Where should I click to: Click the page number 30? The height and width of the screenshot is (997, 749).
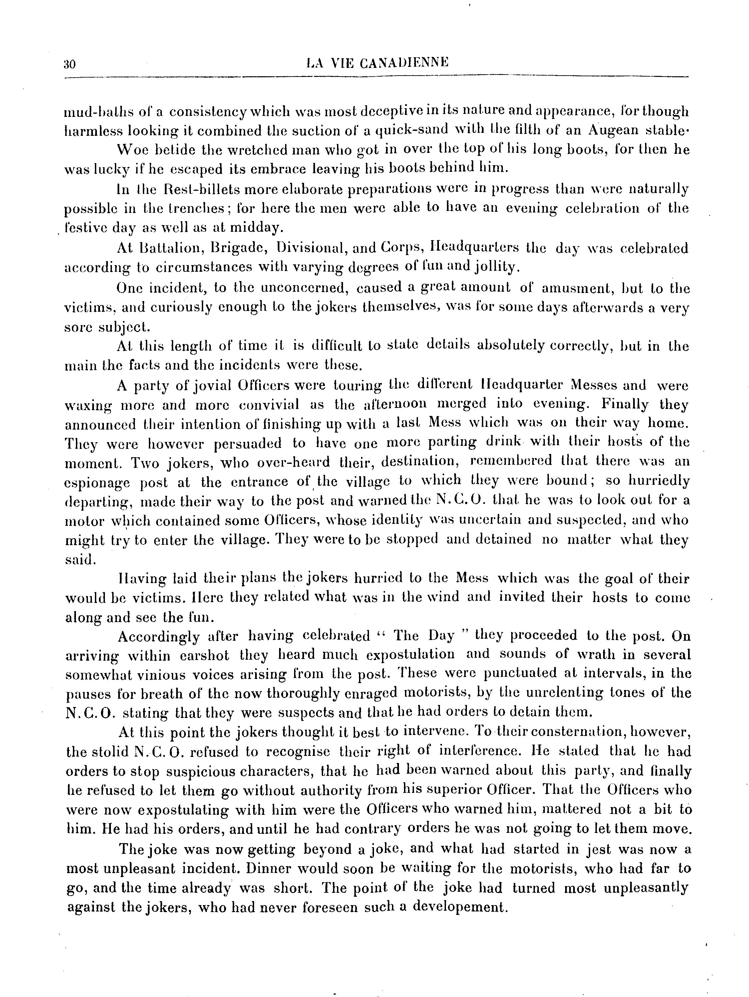click(70, 64)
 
